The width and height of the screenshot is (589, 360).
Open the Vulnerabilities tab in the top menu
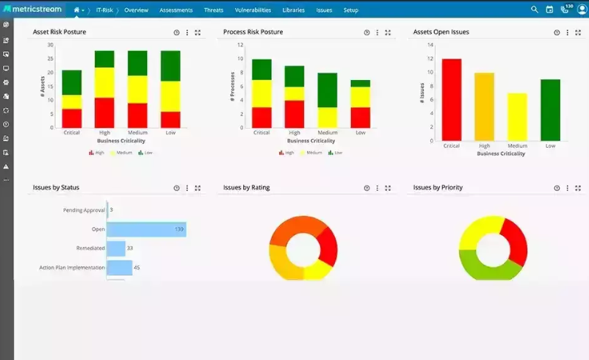pos(253,10)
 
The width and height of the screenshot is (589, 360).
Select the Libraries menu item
pos(293,10)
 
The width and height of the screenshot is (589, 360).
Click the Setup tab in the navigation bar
pos(350,10)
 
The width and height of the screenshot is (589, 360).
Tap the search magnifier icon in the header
pos(535,10)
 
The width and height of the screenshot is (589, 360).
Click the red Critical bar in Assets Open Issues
pos(451,99)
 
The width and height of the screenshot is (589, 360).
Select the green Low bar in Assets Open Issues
pos(550,109)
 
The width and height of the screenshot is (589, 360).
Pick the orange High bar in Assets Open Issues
pos(484,107)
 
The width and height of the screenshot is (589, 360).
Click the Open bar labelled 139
pos(146,229)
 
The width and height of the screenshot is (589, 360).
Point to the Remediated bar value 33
pos(129,248)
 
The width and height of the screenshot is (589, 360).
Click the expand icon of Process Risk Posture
pos(388,32)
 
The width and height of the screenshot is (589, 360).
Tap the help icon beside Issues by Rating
pos(366,188)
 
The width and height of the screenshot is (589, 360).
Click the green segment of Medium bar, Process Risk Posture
pos(328,90)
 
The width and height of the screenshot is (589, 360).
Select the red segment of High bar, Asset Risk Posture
pos(104,112)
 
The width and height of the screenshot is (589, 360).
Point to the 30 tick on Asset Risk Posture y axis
pos(50,45)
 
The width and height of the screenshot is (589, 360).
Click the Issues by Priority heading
pos(438,187)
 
